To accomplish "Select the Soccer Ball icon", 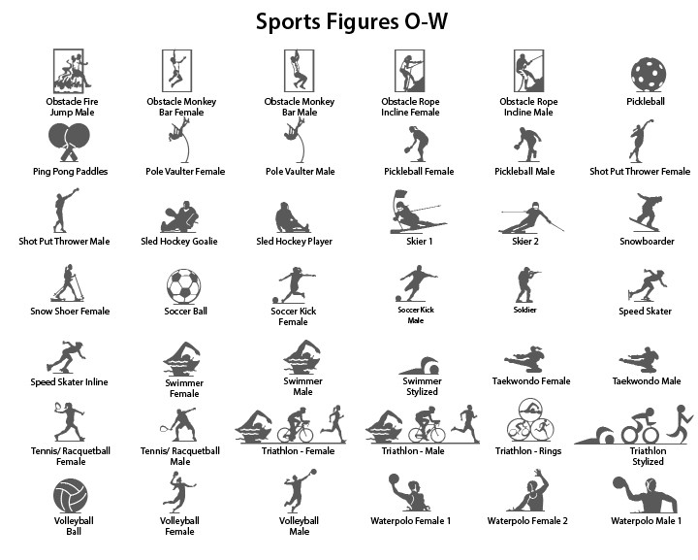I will pyautogui.click(x=183, y=285).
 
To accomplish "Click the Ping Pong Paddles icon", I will pyautogui.click(x=70, y=142).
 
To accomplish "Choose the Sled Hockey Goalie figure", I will pyautogui.click(x=181, y=216).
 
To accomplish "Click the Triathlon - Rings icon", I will pyautogui.click(x=525, y=424).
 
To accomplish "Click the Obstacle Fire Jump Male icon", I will pyautogui.click(x=69, y=71).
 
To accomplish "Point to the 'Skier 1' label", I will pyautogui.click(x=419, y=242).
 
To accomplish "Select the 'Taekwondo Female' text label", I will pyautogui.click(x=530, y=381).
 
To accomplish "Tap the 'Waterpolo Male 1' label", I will pyautogui.click(x=647, y=521).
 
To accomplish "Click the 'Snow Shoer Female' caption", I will pyautogui.click(x=69, y=312).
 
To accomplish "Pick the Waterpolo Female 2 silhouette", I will pyautogui.click(x=530, y=492).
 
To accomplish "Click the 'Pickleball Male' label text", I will pyautogui.click(x=524, y=172).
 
